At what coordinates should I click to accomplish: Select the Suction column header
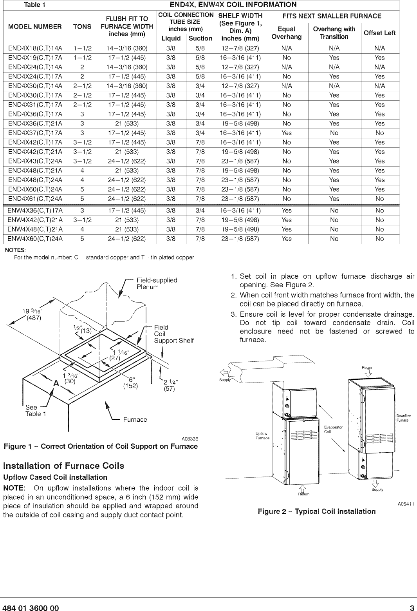tap(200, 38)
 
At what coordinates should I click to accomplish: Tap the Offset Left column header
tap(379, 33)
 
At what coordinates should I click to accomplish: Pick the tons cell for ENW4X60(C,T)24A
tap(82, 239)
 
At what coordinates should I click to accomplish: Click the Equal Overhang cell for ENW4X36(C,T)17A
tap(287, 210)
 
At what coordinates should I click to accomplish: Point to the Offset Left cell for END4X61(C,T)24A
tap(379, 199)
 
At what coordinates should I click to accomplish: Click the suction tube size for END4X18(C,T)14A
tap(200, 48)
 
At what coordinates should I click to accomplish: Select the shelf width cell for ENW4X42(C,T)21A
tap(240, 220)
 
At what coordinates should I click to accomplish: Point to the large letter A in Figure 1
tap(56, 384)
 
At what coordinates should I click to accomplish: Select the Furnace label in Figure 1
tap(135, 419)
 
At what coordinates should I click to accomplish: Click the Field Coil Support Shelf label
tap(173, 334)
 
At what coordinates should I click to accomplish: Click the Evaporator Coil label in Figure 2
tap(333, 429)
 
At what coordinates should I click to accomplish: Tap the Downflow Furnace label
tap(403, 418)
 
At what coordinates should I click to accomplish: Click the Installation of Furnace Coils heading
tap(63, 466)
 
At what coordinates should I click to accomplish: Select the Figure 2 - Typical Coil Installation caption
tap(316, 511)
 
